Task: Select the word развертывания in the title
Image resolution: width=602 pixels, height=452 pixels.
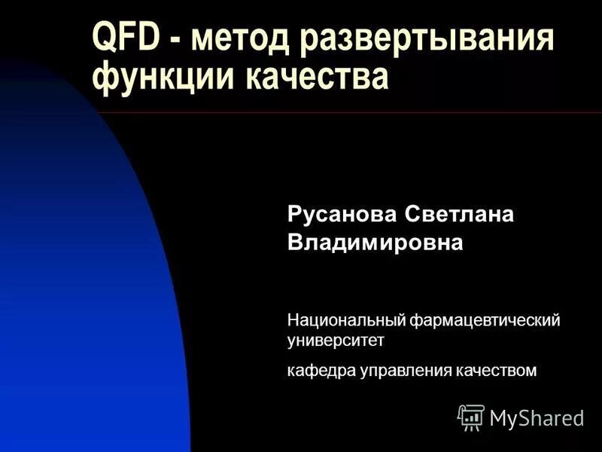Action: pos(427,39)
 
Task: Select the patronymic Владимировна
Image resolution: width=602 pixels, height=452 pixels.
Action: pos(375,243)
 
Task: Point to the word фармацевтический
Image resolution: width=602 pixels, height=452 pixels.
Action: pos(485,321)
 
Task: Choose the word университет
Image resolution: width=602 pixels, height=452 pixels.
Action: pos(336,341)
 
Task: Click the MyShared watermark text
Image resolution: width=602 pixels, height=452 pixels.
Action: pos(537,418)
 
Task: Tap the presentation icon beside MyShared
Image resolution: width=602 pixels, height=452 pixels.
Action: pos(471,417)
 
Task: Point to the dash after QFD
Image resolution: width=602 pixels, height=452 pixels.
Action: pos(175,41)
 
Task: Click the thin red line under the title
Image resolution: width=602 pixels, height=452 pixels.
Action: pos(376,113)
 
